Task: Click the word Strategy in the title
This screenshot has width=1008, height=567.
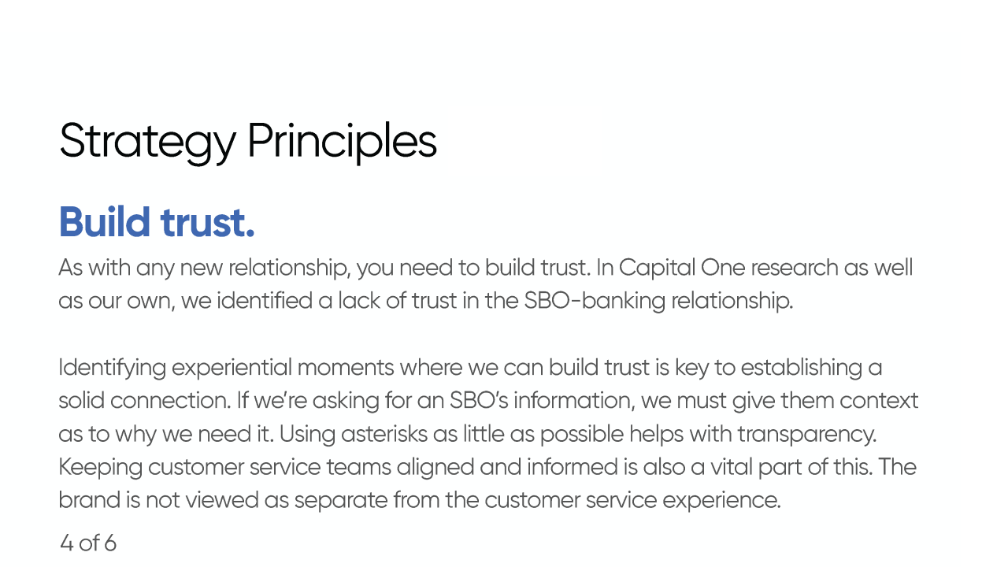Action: [x=147, y=143]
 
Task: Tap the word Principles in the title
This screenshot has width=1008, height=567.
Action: [x=342, y=143]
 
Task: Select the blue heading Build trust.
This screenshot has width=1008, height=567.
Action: [x=157, y=222]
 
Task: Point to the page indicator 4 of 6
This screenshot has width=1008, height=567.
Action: [x=88, y=543]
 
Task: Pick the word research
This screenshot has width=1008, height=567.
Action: [x=795, y=269]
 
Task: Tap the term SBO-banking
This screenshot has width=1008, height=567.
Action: [x=595, y=301]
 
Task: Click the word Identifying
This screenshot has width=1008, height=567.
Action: [x=112, y=368]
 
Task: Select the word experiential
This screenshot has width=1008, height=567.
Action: [x=232, y=368]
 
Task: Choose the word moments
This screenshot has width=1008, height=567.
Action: [x=346, y=368]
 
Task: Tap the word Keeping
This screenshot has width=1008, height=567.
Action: [x=100, y=468]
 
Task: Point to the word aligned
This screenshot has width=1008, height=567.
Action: [x=435, y=468]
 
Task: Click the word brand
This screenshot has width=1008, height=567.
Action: [x=90, y=500]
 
